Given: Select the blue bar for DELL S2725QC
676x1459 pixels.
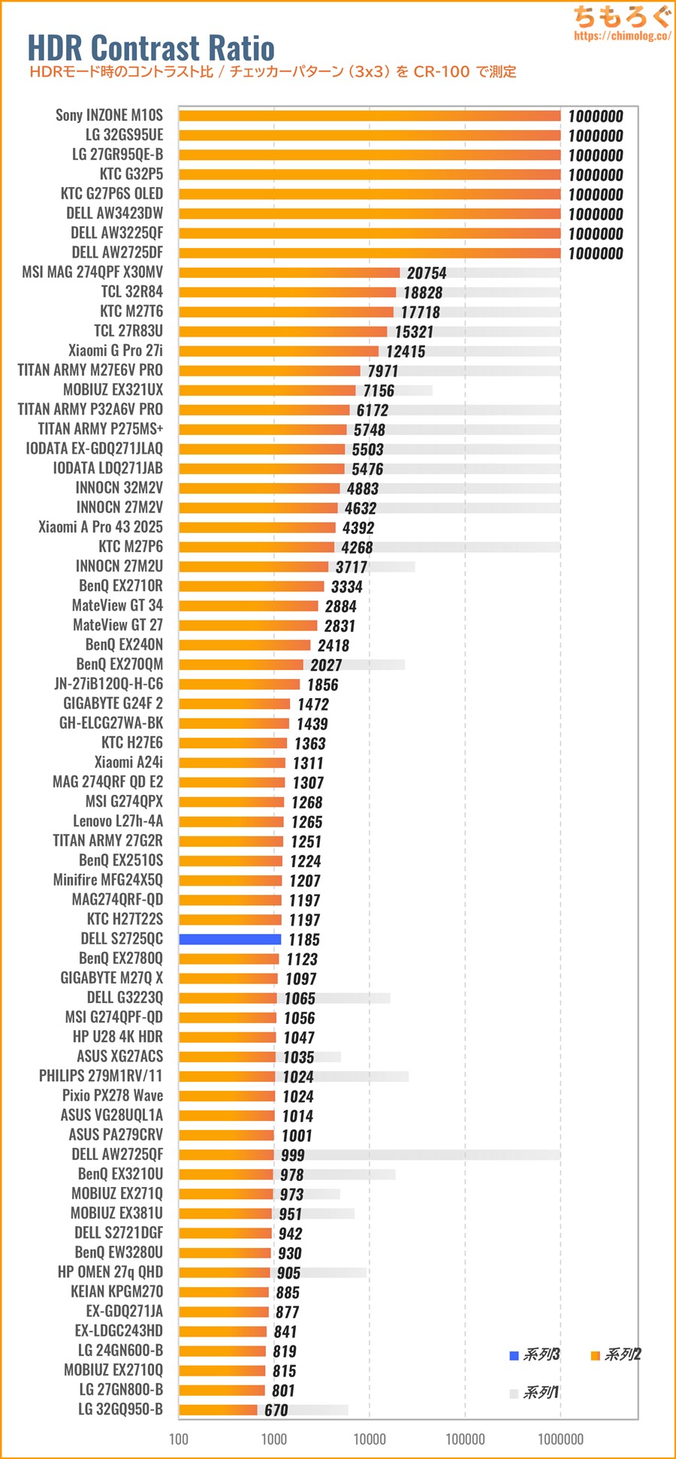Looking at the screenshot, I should click(230, 939).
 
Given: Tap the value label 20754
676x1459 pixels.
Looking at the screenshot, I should click(427, 273).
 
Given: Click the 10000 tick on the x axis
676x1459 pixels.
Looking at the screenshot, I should click(370, 1439).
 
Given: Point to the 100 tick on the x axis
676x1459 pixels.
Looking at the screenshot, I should click(179, 1439).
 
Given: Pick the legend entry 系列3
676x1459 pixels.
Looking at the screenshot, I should click(535, 1355).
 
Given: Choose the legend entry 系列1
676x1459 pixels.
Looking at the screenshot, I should click(534, 1393).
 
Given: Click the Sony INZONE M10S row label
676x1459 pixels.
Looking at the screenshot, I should click(109, 115).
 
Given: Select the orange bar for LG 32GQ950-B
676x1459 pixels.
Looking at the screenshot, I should click(218, 1409).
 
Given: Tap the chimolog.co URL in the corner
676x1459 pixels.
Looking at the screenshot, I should click(622, 36).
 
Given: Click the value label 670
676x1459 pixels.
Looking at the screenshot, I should click(276, 1410).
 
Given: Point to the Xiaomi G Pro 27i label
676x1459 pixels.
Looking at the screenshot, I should click(115, 351).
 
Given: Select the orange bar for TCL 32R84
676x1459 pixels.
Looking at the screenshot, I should click(287, 292).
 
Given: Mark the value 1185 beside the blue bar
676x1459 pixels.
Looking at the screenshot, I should click(303, 940).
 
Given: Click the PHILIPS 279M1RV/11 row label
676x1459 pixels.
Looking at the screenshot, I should click(101, 1076).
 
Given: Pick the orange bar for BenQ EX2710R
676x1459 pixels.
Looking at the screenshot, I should click(251, 586).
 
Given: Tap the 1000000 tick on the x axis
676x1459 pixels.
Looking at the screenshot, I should click(560, 1439).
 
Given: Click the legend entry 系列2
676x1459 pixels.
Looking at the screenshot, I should click(616, 1355).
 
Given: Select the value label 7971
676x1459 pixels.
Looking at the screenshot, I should click(383, 371).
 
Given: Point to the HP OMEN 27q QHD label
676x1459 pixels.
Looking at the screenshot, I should click(110, 1272).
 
